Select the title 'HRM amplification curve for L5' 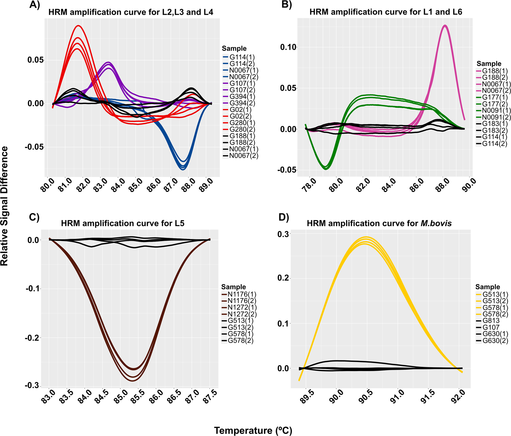pyautogui.click(x=122, y=224)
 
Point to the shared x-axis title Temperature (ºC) pyautogui.click(x=253, y=431)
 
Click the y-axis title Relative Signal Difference pyautogui.click(x=4, y=206)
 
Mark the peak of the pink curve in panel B pyautogui.click(x=445, y=26)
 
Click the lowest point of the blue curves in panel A pyautogui.click(x=183, y=169)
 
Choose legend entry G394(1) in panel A pyautogui.click(x=242, y=96)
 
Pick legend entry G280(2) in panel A pyautogui.click(x=242, y=129)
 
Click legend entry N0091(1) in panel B pyautogui.click(x=496, y=110)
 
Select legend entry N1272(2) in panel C pyautogui.click(x=242, y=314)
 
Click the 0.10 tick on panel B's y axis pyautogui.click(x=288, y=47)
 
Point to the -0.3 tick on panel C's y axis pyautogui.click(x=32, y=385)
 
